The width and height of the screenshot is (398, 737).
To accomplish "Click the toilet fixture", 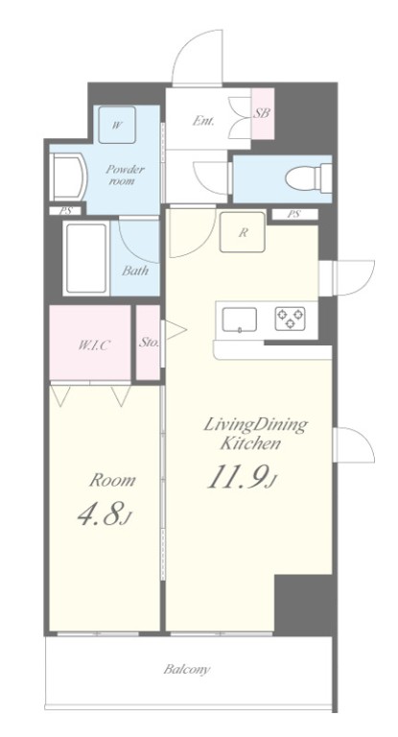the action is [308, 178].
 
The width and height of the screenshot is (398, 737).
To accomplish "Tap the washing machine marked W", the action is [117, 125].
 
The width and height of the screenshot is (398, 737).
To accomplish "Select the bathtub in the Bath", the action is [86, 257].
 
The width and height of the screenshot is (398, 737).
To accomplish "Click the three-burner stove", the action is [290, 319].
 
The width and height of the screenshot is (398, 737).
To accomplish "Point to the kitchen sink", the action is [239, 321].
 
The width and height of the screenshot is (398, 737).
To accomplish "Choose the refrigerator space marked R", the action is [243, 232].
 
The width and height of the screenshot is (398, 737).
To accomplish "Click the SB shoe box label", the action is [262, 113].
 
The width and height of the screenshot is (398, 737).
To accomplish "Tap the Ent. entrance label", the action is [203, 121].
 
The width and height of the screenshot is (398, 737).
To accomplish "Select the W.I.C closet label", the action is [94, 345].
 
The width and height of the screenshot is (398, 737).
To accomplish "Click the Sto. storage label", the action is [149, 343].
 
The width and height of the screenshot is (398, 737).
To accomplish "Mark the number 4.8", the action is [103, 514].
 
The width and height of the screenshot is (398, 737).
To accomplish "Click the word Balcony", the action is [187, 670].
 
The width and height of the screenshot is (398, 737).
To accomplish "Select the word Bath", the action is [135, 271].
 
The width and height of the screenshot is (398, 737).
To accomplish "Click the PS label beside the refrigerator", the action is [293, 214].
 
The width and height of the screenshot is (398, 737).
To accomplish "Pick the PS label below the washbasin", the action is [65, 211].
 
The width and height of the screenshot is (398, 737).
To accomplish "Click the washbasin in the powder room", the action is [69, 178].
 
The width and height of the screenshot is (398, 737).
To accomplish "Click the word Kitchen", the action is [250, 444].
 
